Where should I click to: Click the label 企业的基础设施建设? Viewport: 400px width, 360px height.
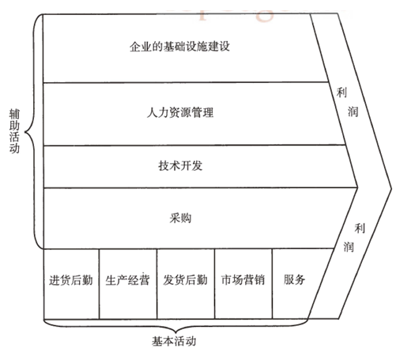179,47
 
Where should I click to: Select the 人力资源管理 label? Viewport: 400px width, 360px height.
180,112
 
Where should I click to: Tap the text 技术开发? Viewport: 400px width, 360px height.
180,166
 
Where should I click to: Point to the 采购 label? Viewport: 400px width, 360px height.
180,218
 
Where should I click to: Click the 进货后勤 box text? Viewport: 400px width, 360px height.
71,280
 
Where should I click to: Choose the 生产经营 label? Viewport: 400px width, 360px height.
127,280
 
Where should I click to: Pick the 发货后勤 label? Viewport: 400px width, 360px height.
185,280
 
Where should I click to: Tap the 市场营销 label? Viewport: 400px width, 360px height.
243,280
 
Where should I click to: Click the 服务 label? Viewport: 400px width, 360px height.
294,279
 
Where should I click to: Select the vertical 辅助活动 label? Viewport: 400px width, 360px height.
14,131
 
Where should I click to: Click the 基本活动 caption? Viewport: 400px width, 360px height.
174,341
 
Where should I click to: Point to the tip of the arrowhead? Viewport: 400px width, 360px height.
392,188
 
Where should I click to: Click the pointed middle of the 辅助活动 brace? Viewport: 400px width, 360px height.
25,132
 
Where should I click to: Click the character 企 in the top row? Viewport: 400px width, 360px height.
134,47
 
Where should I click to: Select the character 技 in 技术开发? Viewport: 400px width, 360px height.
164,166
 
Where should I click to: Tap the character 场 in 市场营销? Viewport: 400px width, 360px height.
237,280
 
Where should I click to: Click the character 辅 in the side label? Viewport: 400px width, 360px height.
14,114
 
